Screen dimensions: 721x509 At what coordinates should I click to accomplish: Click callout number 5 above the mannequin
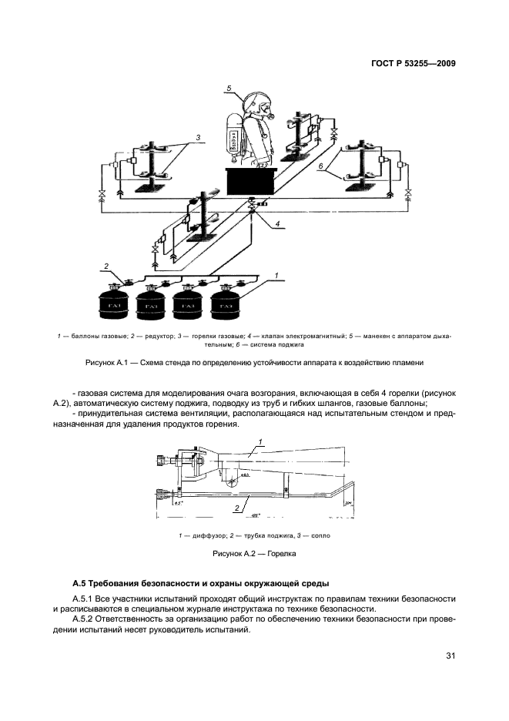click(229, 89)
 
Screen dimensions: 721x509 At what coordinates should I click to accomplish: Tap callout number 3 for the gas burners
click(198, 137)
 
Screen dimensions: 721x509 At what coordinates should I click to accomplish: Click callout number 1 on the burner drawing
click(261, 441)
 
